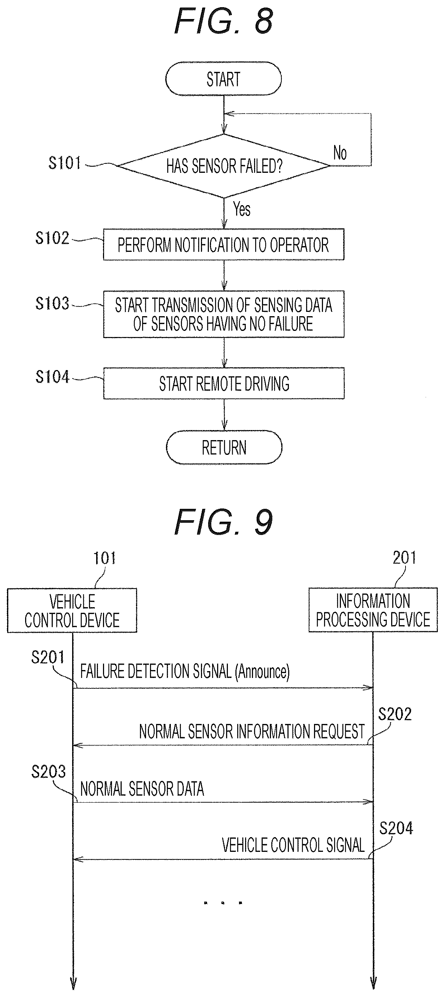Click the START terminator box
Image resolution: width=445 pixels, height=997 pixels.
tap(224, 79)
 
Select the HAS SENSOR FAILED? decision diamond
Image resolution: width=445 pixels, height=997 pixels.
tap(224, 166)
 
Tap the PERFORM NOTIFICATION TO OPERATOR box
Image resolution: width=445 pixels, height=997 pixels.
tap(224, 245)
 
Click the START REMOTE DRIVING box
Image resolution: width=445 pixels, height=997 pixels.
tap(224, 384)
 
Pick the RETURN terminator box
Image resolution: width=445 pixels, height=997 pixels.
tap(224, 447)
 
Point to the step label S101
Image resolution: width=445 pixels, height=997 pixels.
tap(65, 163)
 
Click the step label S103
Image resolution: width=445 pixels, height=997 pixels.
tap(52, 304)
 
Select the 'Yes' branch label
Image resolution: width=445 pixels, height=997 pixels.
tap(242, 209)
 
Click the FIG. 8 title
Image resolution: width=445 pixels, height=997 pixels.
tap(224, 21)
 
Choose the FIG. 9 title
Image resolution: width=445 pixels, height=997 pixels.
tap(224, 522)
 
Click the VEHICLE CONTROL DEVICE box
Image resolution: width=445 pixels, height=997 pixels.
tap(72, 610)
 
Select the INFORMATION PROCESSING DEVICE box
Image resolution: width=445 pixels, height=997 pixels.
tap(373, 610)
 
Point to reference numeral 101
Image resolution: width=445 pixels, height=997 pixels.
tap(104, 558)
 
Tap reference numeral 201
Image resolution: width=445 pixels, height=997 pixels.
tap(404, 558)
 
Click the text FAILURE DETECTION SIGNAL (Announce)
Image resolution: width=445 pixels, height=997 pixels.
tap(185, 671)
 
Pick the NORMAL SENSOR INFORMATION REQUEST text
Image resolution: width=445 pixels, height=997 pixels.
tap(252, 731)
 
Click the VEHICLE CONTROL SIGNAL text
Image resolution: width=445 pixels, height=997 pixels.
tap(293, 845)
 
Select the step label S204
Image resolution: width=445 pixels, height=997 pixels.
tap(396, 828)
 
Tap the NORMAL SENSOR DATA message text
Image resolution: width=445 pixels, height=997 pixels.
tap(142, 789)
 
